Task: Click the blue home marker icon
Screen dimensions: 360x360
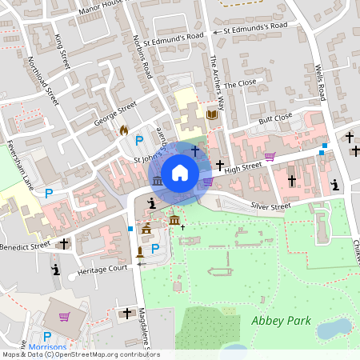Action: (x=180, y=172)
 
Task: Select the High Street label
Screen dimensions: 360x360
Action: (x=243, y=166)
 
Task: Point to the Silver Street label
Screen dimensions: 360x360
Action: (x=270, y=206)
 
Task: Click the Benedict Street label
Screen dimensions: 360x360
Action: (x=26, y=244)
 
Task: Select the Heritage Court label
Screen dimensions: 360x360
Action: (x=98, y=272)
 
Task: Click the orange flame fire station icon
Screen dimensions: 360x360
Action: (x=123, y=130)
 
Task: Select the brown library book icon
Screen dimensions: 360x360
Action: (x=211, y=115)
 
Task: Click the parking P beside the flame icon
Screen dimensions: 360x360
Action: (x=139, y=141)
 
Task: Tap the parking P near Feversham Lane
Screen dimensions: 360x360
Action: (x=49, y=193)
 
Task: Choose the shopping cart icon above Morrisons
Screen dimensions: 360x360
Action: (x=64, y=316)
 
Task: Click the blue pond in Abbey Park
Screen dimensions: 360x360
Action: (x=334, y=328)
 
